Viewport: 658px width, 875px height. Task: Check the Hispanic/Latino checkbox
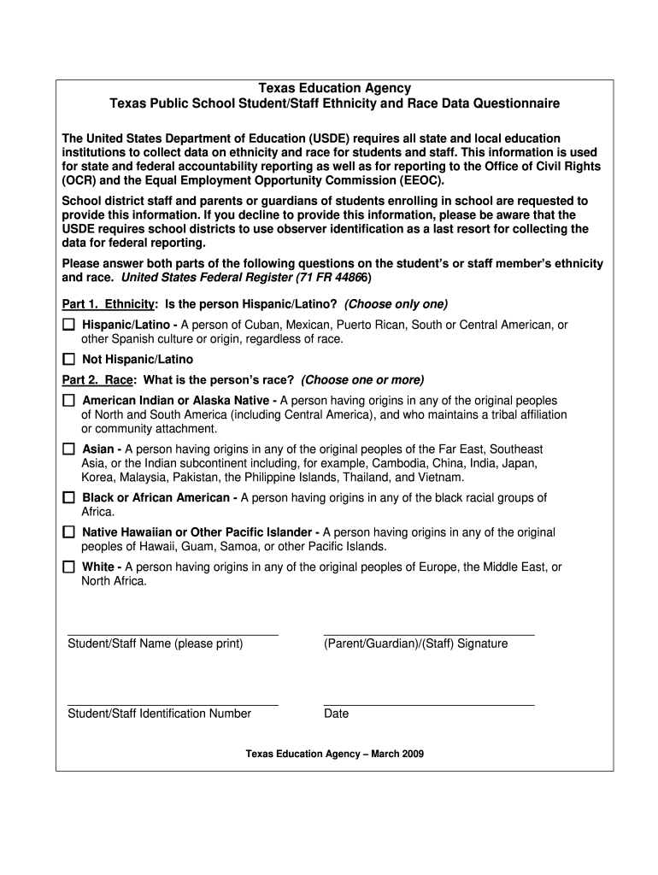[68, 326]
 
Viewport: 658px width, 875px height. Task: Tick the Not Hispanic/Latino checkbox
[68, 360]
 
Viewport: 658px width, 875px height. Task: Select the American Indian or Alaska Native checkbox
[68, 401]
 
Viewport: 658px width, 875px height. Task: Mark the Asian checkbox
[68, 449]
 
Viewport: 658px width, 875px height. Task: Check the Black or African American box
[68, 497]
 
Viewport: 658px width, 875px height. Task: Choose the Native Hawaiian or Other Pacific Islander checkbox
[68, 532]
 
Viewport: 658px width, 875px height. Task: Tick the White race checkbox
[68, 567]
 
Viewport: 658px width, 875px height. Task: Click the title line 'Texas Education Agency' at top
[335, 88]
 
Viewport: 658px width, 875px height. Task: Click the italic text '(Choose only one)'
[396, 305]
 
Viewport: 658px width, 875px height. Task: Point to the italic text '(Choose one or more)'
[362, 380]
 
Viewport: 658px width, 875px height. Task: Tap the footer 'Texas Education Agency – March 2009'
[334, 755]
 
